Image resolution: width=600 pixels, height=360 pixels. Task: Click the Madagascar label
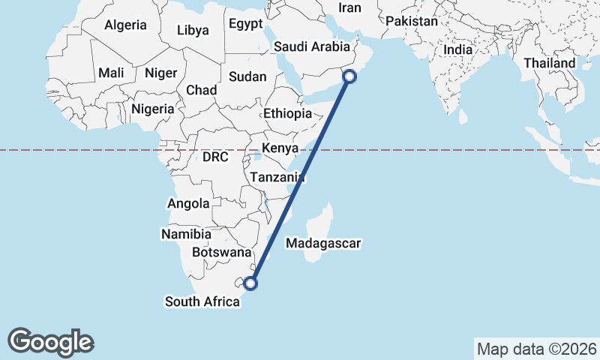point(324,244)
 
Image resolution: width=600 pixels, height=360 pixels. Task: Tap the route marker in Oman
point(350,75)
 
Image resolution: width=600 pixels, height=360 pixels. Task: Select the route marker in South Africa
point(250,283)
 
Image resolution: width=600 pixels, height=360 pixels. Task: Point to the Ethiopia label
point(287,113)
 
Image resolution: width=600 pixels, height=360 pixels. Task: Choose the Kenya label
point(280,147)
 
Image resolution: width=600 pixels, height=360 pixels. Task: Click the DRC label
point(215,157)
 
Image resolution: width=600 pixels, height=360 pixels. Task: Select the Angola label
point(188,204)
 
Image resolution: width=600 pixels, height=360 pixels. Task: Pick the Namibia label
point(181,235)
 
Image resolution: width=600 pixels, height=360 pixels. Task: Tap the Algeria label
point(125,25)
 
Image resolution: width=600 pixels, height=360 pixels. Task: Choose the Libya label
point(193,31)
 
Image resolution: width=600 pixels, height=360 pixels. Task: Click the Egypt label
point(246,24)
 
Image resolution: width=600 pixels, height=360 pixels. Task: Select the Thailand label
point(549,64)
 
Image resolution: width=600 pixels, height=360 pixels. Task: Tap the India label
point(457,49)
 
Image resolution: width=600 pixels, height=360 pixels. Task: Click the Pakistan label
point(412,22)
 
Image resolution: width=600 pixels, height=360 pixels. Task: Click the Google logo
point(51,342)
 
